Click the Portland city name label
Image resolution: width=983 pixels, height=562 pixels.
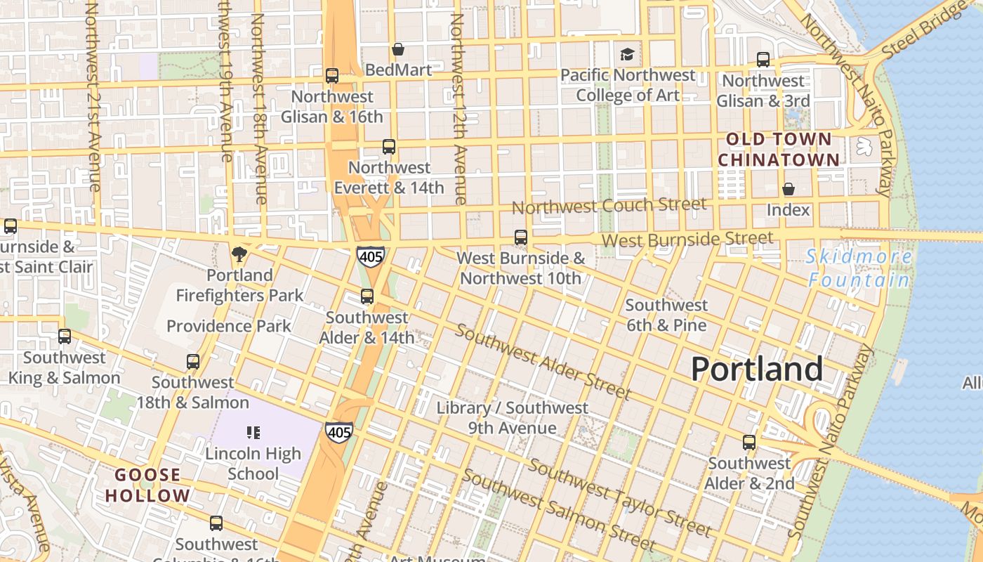tap(757, 369)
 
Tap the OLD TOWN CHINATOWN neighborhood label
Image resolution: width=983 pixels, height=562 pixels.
tap(779, 150)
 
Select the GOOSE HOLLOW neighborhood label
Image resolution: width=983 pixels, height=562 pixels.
tap(147, 485)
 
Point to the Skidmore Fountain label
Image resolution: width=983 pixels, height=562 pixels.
tap(859, 268)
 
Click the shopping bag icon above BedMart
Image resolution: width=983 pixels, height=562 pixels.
tap(398, 49)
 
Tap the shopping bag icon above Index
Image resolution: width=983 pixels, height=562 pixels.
tap(789, 189)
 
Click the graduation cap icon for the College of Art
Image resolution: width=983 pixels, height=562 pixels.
tap(626, 54)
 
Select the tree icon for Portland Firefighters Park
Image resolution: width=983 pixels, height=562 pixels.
tap(239, 254)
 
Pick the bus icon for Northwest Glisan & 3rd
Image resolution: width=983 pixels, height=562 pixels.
tap(763, 60)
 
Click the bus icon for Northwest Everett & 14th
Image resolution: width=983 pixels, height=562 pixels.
tap(389, 147)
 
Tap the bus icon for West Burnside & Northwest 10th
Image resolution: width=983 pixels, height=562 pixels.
tap(520, 237)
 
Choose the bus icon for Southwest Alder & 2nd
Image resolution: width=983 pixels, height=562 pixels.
tap(749, 443)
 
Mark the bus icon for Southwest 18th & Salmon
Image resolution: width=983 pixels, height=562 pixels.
tap(193, 362)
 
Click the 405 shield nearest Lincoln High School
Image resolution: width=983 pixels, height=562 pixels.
tap(338, 432)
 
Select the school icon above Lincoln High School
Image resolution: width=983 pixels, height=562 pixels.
tap(253, 433)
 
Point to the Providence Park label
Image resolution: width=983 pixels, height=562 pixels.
tap(229, 326)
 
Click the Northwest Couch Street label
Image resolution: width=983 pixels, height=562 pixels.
tap(609, 206)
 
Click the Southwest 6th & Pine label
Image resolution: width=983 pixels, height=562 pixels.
tap(666, 315)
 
